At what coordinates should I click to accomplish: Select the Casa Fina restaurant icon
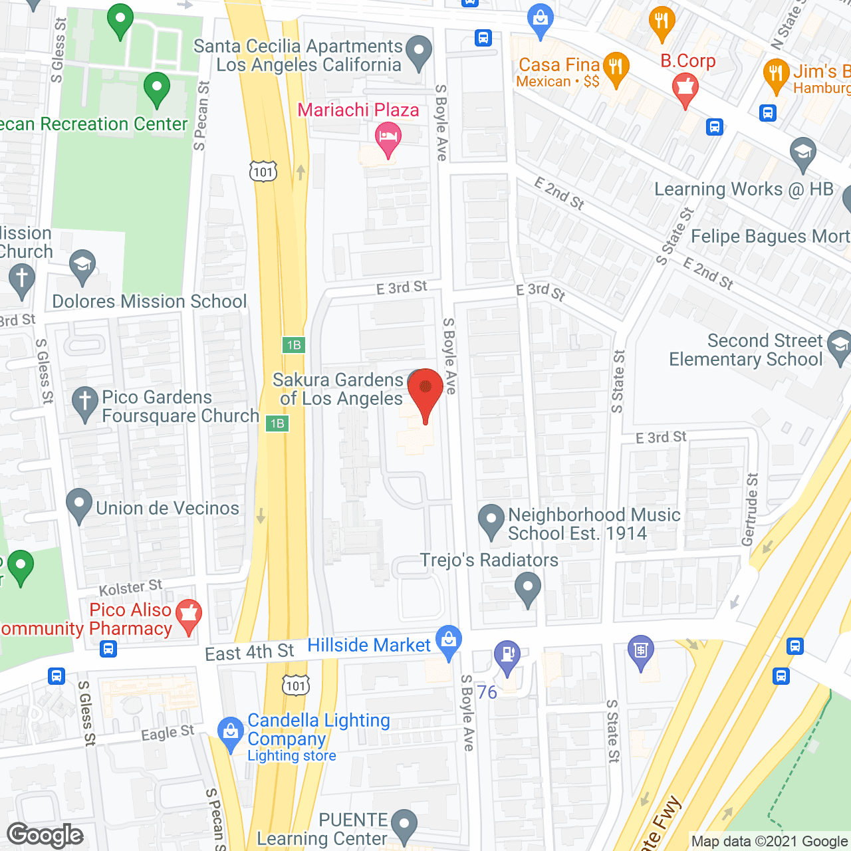tap(616, 67)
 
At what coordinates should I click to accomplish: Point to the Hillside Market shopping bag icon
tap(449, 640)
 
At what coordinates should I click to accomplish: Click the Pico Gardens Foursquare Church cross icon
tap(84, 402)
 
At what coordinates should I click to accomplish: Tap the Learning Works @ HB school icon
tap(803, 152)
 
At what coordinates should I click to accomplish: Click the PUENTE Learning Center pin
tap(404, 824)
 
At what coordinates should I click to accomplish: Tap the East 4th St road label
tap(249, 652)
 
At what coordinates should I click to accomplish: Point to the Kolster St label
tap(130, 588)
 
